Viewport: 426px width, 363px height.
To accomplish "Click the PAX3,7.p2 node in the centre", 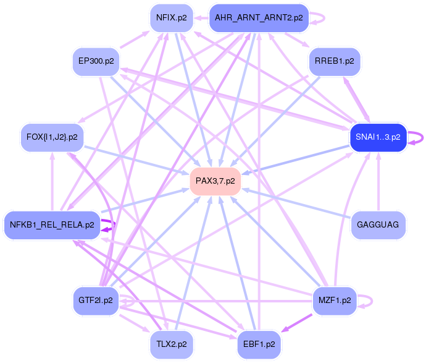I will [x=215, y=181].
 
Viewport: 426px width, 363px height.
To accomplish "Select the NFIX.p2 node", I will [x=171, y=17].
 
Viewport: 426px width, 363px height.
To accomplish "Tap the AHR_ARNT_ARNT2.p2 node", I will [x=259, y=17].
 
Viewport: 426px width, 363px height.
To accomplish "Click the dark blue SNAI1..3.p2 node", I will [x=377, y=137].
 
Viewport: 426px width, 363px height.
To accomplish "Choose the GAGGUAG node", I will [x=378, y=224].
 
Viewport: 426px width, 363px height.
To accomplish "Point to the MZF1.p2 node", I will [x=335, y=300].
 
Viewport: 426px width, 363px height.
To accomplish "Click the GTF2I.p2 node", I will [x=96, y=300].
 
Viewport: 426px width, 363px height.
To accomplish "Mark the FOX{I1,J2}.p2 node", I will [x=52, y=137].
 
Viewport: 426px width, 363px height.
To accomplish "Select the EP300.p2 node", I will [x=96, y=61].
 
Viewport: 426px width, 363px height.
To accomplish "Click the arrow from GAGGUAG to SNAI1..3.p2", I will [x=378, y=186].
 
